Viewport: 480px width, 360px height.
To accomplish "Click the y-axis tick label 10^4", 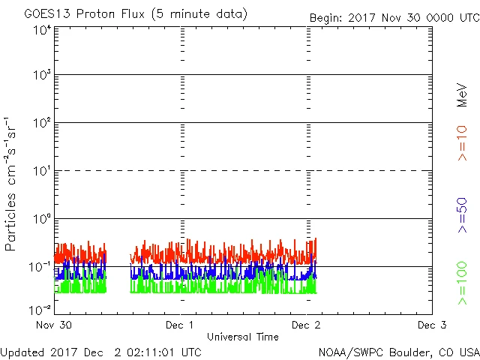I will point(41,30).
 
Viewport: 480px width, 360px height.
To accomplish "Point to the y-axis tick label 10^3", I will point(41,76).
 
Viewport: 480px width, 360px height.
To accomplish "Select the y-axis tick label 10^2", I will point(41,124).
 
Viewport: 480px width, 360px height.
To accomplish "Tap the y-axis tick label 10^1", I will point(41,172).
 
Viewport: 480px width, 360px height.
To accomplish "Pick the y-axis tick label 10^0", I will point(41,220).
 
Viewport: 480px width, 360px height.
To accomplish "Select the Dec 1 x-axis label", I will point(180,325).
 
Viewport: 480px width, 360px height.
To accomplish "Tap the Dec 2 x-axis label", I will point(306,325).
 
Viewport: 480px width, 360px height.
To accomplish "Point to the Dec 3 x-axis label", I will point(432,325).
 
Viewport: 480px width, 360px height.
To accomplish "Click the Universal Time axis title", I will point(242,337).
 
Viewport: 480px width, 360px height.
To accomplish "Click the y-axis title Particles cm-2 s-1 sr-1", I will point(12,184).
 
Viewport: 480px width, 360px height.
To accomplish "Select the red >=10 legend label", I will point(462,142).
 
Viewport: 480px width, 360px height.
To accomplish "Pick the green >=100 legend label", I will point(462,283).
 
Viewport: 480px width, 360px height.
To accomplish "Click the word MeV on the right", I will point(462,95).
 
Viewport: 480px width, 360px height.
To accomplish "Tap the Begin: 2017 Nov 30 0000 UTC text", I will point(393,17).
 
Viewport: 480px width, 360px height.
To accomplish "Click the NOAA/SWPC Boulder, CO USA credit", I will point(398,352).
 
